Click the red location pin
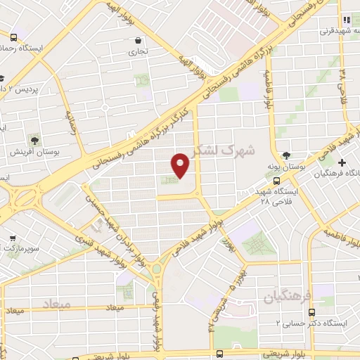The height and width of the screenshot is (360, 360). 181,165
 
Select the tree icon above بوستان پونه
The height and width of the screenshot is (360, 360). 285,155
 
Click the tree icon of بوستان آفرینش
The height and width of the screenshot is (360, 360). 34,139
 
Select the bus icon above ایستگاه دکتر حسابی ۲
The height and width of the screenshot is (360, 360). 312,312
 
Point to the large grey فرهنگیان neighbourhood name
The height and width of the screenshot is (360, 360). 285,298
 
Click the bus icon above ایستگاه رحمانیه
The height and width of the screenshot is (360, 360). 15,37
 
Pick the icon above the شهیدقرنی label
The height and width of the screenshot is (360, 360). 345,20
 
